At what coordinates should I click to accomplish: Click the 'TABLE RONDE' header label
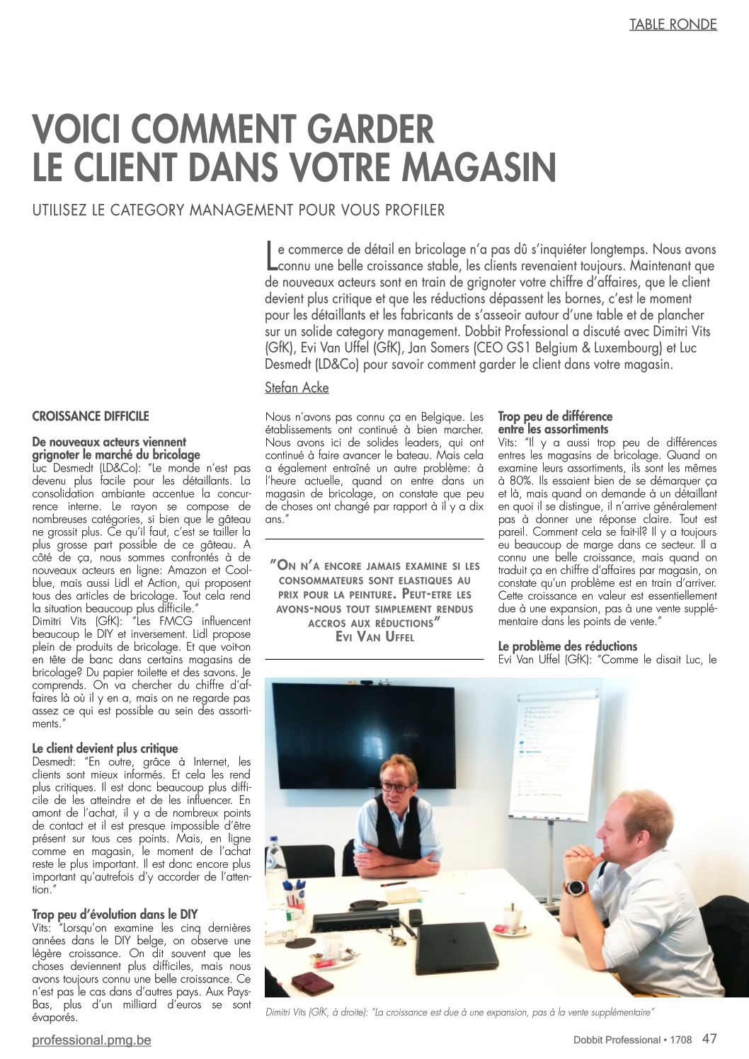click(673, 25)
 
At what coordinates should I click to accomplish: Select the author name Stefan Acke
click(297, 387)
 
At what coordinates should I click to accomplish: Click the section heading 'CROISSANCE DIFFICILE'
click(91, 416)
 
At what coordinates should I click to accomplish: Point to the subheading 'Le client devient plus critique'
click(105, 748)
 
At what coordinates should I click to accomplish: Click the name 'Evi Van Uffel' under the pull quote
click(374, 636)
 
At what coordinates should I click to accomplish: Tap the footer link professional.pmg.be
click(91, 1040)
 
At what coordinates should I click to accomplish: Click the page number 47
click(709, 1038)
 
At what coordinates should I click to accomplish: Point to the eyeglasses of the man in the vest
click(396, 786)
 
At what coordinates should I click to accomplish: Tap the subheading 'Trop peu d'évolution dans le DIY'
click(115, 914)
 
